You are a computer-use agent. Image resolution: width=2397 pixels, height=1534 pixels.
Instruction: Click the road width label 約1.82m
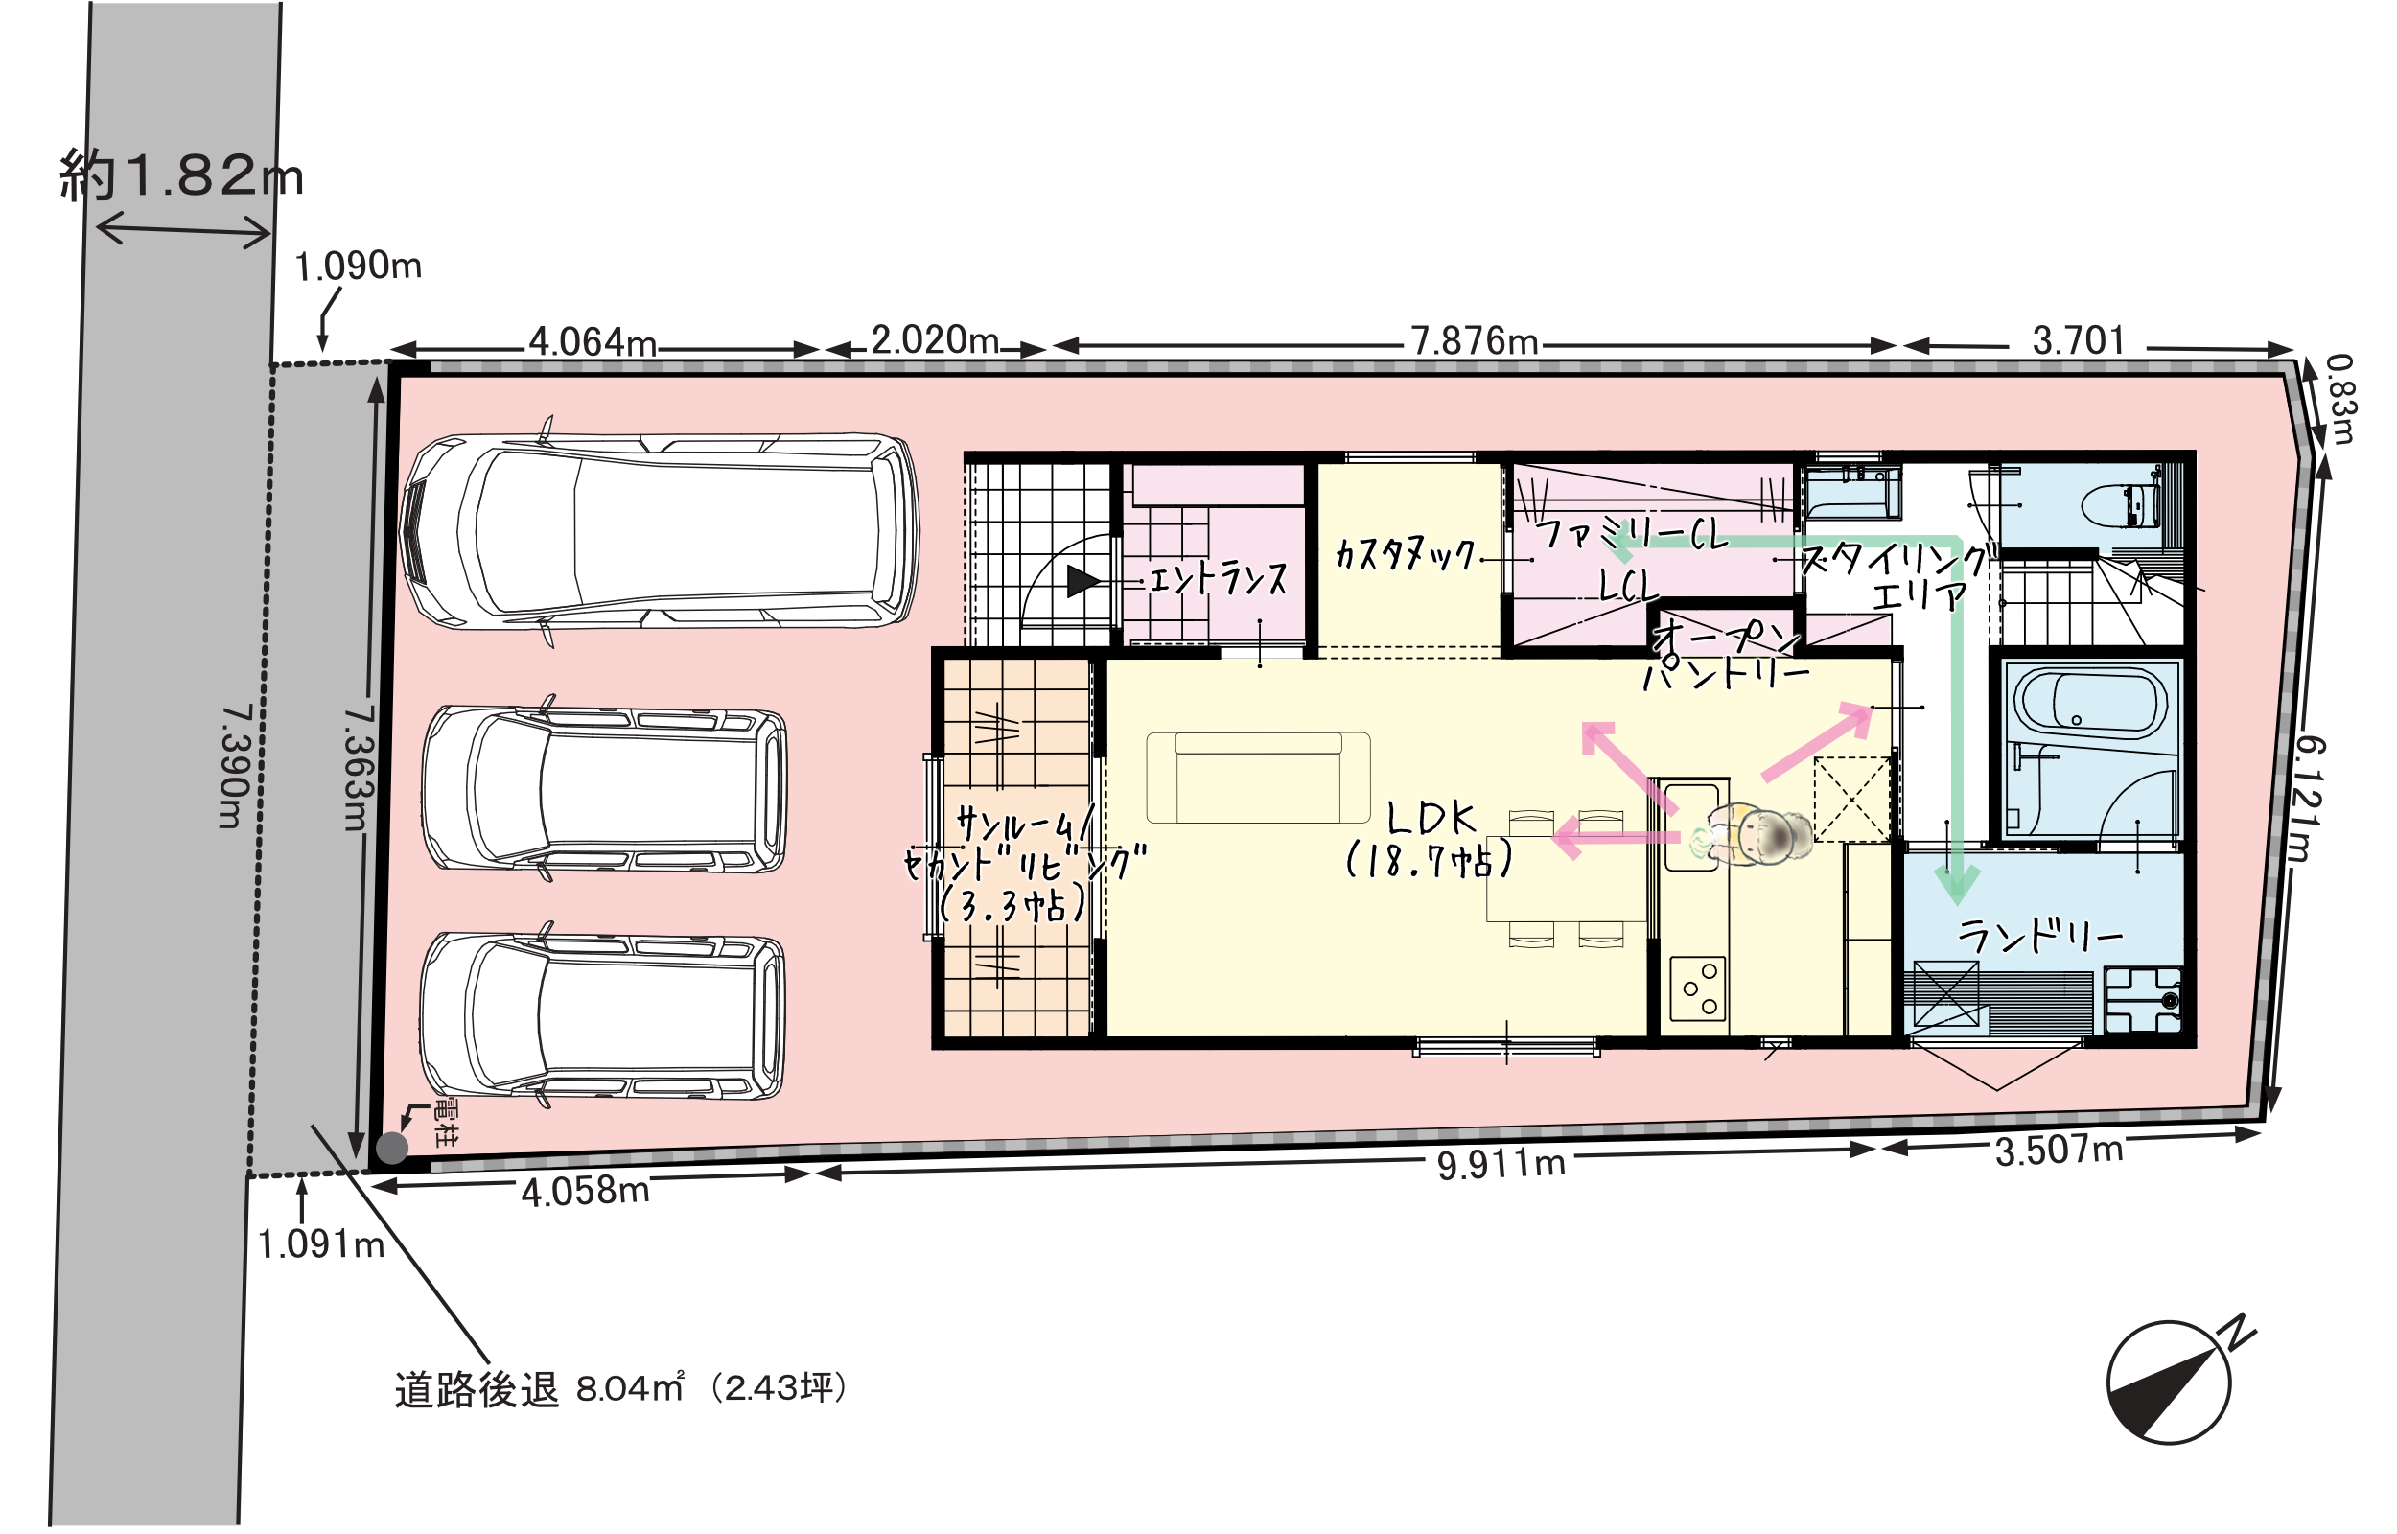coord(181,175)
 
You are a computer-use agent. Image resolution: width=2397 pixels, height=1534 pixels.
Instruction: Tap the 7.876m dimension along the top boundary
coord(1475,341)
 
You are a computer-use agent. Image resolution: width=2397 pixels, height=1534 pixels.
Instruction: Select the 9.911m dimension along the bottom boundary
coord(1501,1164)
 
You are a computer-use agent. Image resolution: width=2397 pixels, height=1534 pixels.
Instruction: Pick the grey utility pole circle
coord(391,1148)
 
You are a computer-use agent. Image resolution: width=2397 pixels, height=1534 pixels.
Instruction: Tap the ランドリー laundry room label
coord(2039,937)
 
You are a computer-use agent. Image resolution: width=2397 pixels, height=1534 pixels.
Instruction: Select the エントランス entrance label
coord(1218,578)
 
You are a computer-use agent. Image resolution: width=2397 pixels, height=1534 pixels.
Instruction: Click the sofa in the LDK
coord(1258,777)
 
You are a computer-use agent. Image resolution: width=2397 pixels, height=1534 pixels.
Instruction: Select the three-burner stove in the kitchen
coord(1698,988)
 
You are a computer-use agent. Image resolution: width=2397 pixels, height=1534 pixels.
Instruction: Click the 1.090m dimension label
coord(359,266)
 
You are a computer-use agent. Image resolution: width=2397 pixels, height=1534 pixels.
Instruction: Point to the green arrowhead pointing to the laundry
coord(1957,885)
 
